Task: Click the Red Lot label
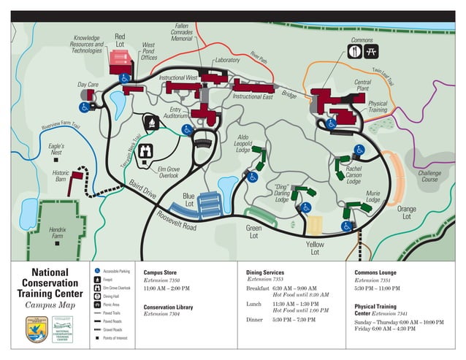pyautogui.click(x=120, y=41)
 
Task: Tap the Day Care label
pyautogui.click(x=88, y=85)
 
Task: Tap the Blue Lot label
pyautogui.click(x=188, y=200)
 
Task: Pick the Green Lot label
pyautogui.click(x=253, y=232)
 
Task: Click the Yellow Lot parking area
pyautogui.click(x=314, y=226)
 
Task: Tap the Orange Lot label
pyautogui.click(x=406, y=212)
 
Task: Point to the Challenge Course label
pyautogui.click(x=429, y=176)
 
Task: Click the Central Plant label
pyautogui.click(x=362, y=86)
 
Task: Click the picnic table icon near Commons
pyautogui.click(x=370, y=52)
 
